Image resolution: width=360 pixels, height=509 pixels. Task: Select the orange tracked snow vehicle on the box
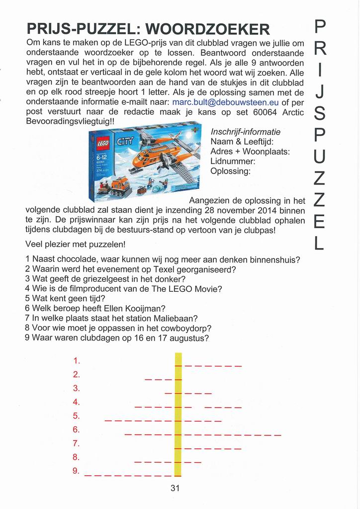coord(114,188)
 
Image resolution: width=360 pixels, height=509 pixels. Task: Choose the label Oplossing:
coord(230,171)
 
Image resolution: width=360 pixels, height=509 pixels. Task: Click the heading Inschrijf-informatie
coord(246,132)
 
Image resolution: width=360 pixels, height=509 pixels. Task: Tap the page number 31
coord(175,488)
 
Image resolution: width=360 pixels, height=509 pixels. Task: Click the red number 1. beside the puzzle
coord(77,360)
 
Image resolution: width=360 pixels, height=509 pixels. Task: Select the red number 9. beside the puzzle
coord(77,471)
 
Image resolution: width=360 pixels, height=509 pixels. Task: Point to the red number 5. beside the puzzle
coord(77,416)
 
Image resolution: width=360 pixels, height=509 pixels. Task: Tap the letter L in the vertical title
coord(320,243)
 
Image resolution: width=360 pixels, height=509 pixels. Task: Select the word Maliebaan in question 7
coord(174,318)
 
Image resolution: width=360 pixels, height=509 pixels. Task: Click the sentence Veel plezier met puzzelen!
coord(75,245)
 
